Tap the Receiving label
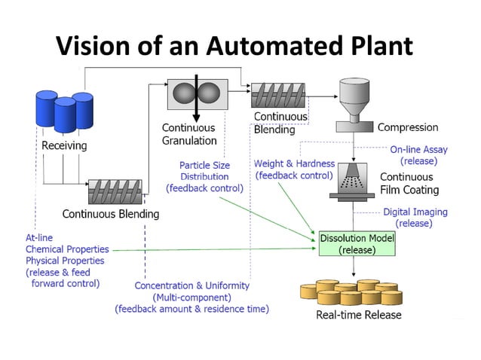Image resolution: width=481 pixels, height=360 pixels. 64,145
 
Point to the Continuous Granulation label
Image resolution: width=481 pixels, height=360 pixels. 189,134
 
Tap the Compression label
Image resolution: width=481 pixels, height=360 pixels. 408,127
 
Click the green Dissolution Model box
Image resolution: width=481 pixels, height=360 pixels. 357,243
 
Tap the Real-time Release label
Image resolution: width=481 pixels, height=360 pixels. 358,315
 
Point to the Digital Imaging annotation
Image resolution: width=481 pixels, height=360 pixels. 415,218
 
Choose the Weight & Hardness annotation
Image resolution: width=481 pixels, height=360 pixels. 293,169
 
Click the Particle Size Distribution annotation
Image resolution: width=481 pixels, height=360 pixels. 204,176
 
